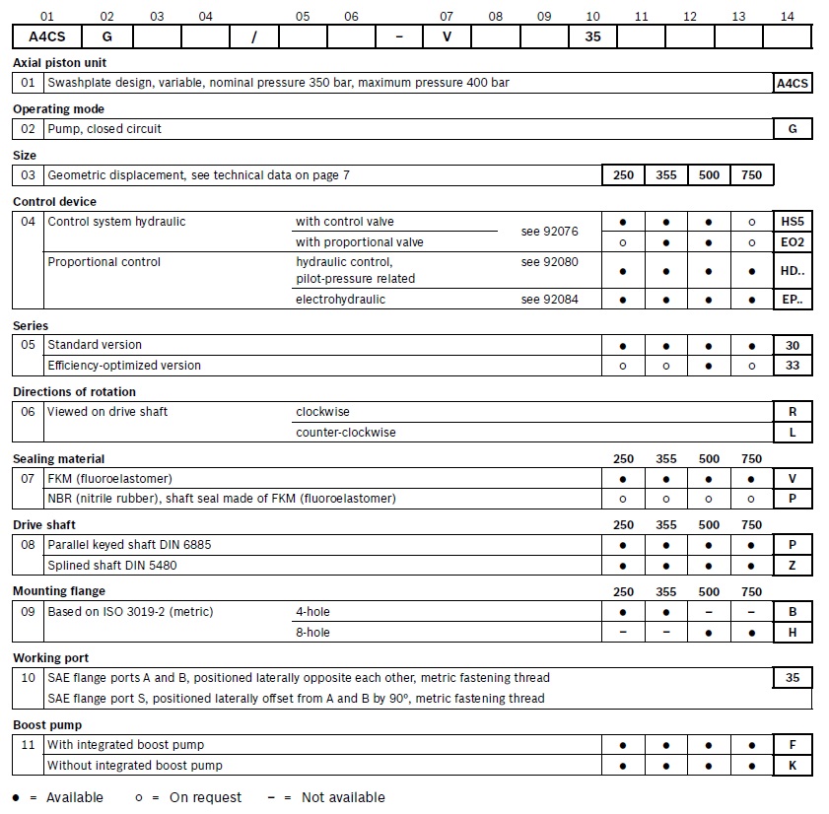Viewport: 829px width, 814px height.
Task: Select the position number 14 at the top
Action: click(x=787, y=16)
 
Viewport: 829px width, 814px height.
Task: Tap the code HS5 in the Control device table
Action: click(x=793, y=222)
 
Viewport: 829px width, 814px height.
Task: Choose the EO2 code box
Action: click(x=793, y=242)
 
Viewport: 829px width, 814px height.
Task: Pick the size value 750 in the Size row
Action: click(x=752, y=175)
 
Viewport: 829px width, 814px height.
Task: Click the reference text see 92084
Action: click(x=549, y=300)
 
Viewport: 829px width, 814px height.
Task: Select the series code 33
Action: click(x=793, y=366)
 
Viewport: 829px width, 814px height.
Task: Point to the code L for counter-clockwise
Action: click(x=793, y=433)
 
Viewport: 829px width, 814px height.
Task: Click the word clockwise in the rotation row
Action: click(x=322, y=412)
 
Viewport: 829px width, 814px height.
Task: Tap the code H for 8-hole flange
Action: click(x=793, y=633)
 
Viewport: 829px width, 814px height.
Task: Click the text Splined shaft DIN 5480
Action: click(x=112, y=566)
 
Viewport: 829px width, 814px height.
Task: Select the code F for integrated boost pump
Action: click(x=793, y=745)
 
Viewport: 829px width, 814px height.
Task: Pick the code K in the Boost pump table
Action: click(x=793, y=766)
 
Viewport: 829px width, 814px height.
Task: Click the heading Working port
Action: click(x=50, y=657)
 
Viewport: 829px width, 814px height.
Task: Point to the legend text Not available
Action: click(x=343, y=797)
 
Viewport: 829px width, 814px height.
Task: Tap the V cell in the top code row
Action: click(x=447, y=36)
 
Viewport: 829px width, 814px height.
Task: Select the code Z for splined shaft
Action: click(x=793, y=566)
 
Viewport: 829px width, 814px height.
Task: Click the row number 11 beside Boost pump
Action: click(x=29, y=745)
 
